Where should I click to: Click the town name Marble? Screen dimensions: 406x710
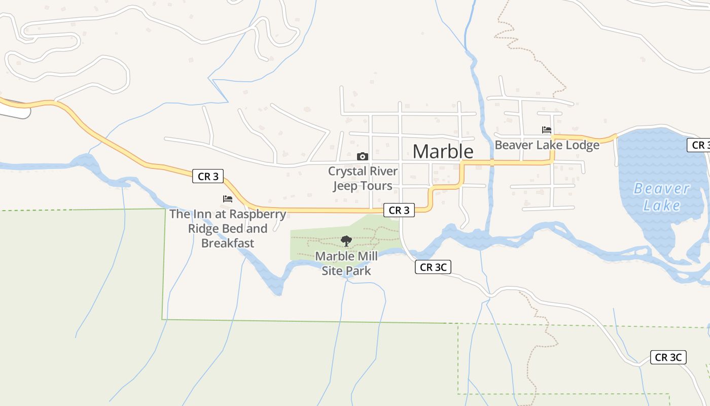[443, 151]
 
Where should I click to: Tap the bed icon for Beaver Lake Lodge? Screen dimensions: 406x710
[546, 130]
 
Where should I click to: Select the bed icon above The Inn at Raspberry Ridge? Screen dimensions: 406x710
[228, 199]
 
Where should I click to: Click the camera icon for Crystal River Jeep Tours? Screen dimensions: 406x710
[362, 156]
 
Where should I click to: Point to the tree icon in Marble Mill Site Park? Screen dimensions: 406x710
[346, 241]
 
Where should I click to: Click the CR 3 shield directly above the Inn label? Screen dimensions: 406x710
[208, 177]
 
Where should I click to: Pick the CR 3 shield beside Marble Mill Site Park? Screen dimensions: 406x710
[399, 210]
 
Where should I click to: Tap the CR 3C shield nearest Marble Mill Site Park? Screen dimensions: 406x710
[433, 267]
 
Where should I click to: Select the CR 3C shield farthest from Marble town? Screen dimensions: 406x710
[668, 357]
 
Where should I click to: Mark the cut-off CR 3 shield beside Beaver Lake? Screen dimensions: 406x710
[700, 145]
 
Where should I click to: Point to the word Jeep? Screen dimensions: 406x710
[345, 186]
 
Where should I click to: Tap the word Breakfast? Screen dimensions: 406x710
[228, 243]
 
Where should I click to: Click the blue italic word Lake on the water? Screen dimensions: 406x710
[661, 206]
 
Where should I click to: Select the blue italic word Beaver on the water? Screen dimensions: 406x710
[661, 189]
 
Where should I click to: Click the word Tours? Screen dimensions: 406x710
[377, 186]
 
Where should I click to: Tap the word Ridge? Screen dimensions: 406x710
[204, 228]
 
